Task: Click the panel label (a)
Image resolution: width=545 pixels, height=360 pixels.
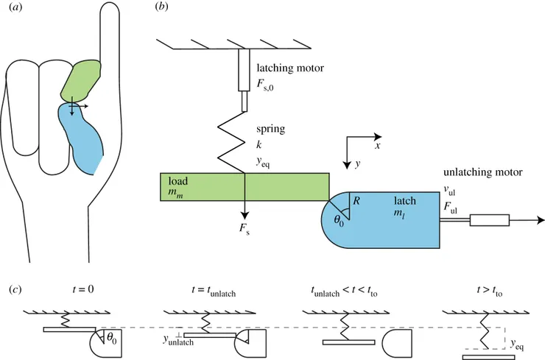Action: pos(15,10)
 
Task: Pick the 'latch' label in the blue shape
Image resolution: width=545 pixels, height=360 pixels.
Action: pos(405,200)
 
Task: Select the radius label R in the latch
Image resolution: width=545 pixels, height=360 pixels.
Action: pos(357,200)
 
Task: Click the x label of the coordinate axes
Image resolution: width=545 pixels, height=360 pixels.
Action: pos(376,147)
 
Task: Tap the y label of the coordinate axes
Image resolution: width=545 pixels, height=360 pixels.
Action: pos(358,164)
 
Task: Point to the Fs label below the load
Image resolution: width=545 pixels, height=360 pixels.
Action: pos(245,230)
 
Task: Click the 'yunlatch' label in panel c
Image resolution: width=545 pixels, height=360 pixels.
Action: pos(183,340)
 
